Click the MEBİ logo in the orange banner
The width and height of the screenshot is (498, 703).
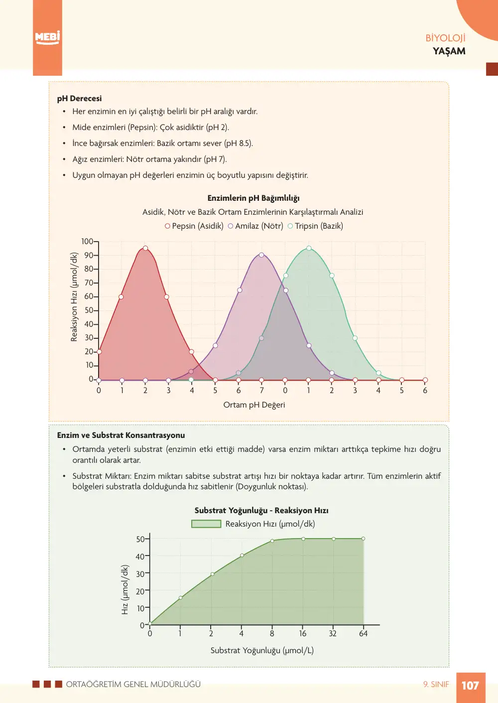[x=47, y=38]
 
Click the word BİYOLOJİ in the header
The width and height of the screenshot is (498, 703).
[x=445, y=38]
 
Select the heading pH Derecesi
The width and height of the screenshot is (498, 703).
[x=79, y=99]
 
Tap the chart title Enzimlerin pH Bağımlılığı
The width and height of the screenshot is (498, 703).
[x=253, y=198]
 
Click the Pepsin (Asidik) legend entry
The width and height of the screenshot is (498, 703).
[x=194, y=226]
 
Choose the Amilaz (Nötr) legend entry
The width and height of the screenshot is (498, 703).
[x=255, y=226]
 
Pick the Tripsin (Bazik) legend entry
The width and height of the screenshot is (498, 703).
[x=315, y=226]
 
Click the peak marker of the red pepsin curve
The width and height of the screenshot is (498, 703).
[x=145, y=248]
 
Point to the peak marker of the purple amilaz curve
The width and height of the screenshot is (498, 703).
[x=261, y=255]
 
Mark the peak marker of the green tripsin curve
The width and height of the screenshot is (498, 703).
[x=309, y=248]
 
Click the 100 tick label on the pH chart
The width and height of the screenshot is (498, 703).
[x=87, y=241]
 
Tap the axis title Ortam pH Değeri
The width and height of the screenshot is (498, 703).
[x=254, y=405]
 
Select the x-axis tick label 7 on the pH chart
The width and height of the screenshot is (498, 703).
[x=261, y=391]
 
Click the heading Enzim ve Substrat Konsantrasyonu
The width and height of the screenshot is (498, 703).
[x=121, y=435]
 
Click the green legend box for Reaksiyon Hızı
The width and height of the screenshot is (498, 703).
[x=206, y=524]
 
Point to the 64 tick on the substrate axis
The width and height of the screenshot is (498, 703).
[x=363, y=634]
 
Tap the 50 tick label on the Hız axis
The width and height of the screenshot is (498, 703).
[x=140, y=539]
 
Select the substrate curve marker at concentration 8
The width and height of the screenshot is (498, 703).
[x=272, y=541]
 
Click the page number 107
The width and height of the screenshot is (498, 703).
[x=471, y=686]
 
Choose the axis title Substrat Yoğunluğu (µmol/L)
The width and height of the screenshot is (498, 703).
[x=262, y=651]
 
